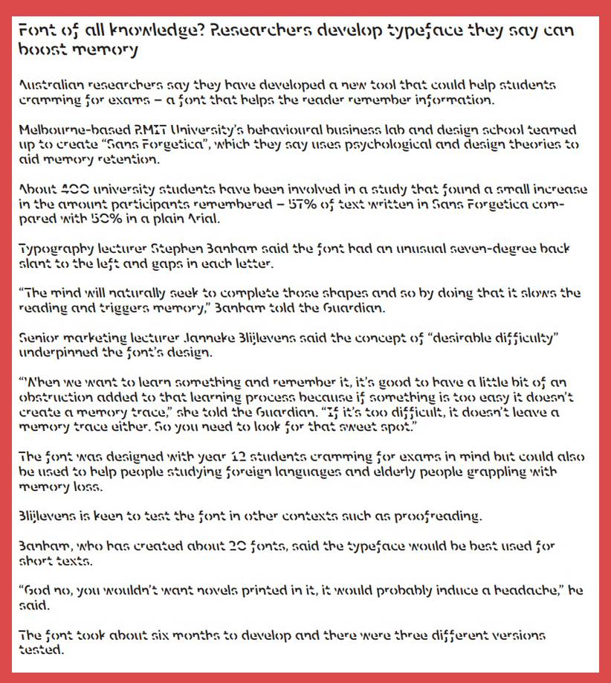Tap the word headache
tap(523, 590)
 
